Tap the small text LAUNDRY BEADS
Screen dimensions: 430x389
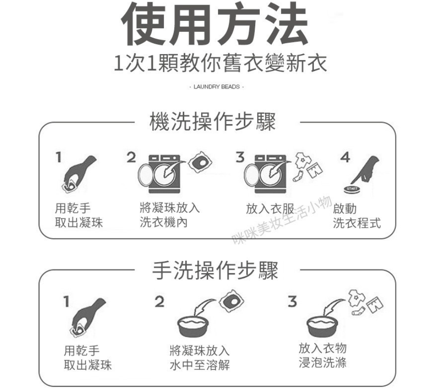pyautogui.click(x=217, y=87)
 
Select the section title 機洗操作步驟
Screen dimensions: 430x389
pyautogui.click(x=212, y=122)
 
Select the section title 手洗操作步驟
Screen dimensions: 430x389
pyautogui.click(x=215, y=270)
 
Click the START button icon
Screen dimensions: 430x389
pyautogui.click(x=352, y=189)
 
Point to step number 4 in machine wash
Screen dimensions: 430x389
pyautogui.click(x=345, y=157)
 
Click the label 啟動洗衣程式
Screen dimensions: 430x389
pyautogui.click(x=357, y=216)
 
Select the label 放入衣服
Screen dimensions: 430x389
pyautogui.click(x=270, y=209)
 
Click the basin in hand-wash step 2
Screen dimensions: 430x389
pyautogui.click(x=193, y=327)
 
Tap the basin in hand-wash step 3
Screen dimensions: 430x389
pyautogui.click(x=323, y=327)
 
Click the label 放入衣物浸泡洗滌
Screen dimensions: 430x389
pyautogui.click(x=323, y=355)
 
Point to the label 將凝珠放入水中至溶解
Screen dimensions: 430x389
pyautogui.click(x=199, y=358)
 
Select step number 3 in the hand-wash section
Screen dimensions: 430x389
pyautogui.click(x=292, y=301)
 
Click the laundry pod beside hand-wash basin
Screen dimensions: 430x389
pyautogui.click(x=232, y=301)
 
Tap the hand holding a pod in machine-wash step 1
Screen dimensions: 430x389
pyautogui.click(x=79, y=174)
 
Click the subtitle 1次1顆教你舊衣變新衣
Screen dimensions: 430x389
pyautogui.click(x=220, y=63)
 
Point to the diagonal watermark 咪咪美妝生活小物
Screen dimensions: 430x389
pyautogui.click(x=282, y=219)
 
